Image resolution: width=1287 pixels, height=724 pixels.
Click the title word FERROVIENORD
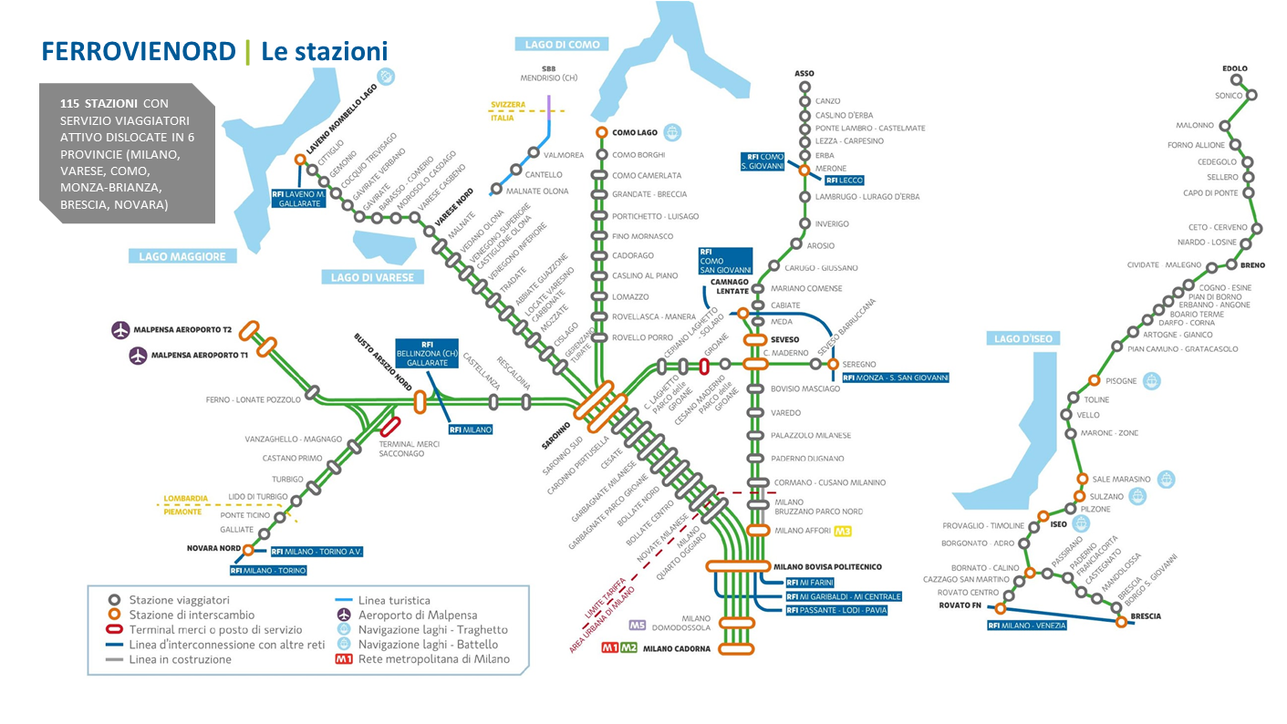[138, 51]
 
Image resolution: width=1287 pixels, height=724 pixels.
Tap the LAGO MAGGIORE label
[182, 256]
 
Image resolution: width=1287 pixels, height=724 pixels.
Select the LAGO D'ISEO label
[1023, 338]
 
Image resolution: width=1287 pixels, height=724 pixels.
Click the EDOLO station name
[1234, 68]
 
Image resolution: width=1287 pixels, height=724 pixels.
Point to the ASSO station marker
[804, 88]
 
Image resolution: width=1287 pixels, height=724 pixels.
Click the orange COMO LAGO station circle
[601, 132]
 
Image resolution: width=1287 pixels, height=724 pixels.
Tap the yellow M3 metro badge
[842, 531]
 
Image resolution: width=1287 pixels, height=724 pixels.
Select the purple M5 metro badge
[637, 626]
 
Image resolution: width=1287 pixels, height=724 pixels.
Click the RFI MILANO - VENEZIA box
[1026, 626]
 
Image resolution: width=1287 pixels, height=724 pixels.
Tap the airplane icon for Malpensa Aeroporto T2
[120, 330]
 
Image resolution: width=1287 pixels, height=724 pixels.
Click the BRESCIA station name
[1145, 616]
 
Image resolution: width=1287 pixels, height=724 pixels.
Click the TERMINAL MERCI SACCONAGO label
[409, 448]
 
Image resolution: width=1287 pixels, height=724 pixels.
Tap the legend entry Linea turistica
[394, 601]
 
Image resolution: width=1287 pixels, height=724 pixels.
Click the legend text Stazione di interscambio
[192, 615]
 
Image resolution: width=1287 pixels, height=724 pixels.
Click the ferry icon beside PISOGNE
[1153, 380]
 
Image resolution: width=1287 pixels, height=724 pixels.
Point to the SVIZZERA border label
[509, 105]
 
